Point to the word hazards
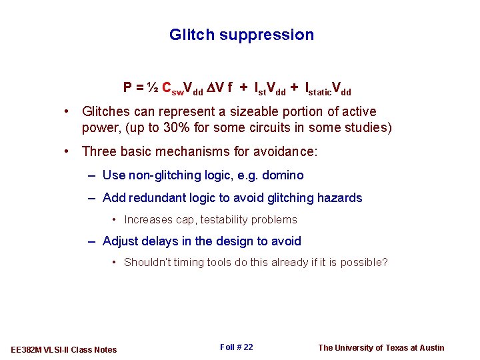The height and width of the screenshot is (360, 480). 339,197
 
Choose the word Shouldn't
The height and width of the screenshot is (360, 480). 147,262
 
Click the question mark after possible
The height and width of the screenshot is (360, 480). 385,262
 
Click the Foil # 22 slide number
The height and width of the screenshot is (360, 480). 236,347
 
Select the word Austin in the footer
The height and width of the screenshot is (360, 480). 431,347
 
